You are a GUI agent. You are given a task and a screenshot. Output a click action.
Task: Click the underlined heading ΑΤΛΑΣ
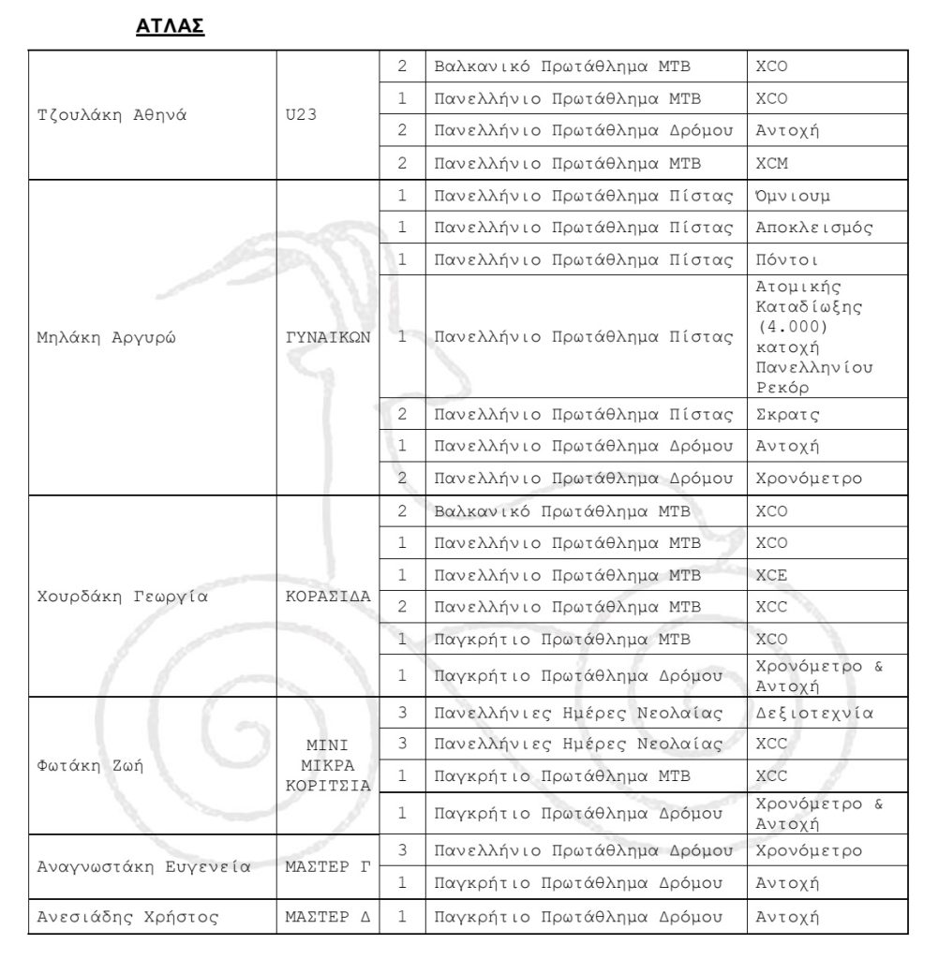tap(170, 26)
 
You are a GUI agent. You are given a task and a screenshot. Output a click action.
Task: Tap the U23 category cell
tap(304, 115)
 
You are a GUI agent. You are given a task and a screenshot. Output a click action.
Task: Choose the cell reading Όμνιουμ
tap(793, 196)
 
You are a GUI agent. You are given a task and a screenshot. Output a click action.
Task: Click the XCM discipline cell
tap(771, 163)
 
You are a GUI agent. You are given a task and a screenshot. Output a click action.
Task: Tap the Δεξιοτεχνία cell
tap(814, 713)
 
